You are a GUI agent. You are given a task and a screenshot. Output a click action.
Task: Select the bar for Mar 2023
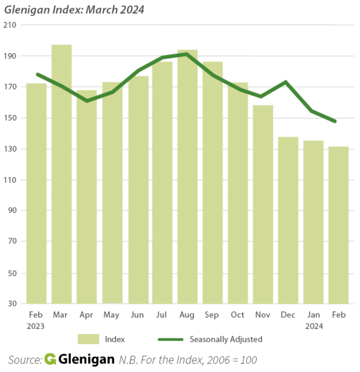point(61,174)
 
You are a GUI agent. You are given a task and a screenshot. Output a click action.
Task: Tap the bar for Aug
point(188,177)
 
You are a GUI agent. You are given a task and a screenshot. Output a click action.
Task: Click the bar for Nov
point(263,204)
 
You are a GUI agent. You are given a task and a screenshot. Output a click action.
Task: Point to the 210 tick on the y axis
point(10,25)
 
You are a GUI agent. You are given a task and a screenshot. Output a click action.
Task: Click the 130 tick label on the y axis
point(10,149)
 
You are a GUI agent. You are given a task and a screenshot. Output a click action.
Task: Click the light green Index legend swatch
point(89,339)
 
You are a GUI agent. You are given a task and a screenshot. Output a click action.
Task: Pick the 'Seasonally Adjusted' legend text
point(225,339)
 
